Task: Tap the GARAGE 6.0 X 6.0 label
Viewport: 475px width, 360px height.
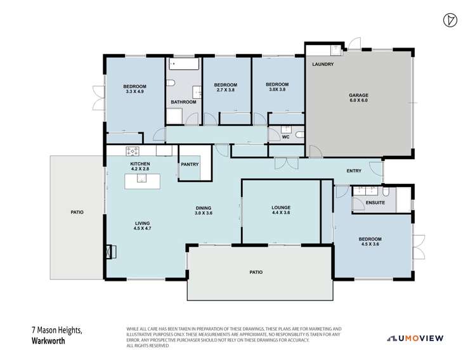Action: coord(358,98)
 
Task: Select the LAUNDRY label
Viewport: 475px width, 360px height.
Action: coord(323,65)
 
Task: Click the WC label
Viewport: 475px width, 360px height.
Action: coord(285,136)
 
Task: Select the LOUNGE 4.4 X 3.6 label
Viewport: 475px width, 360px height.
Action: coord(280,210)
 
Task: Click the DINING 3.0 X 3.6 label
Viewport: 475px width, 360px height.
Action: coord(203,210)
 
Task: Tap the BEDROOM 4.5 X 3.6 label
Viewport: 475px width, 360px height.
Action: coord(370,242)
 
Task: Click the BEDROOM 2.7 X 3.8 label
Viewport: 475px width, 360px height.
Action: coord(225,88)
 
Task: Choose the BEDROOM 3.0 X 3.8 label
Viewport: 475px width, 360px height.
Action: coord(277,87)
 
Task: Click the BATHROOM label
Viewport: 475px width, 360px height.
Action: coord(183,102)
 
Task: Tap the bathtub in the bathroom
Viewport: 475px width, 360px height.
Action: coord(184,63)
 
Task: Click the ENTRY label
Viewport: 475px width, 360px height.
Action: coord(354,171)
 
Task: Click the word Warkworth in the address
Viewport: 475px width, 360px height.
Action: coord(49,340)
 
